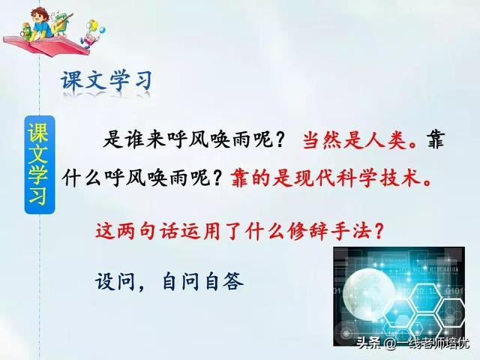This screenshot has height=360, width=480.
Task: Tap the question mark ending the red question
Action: click(379, 230)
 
